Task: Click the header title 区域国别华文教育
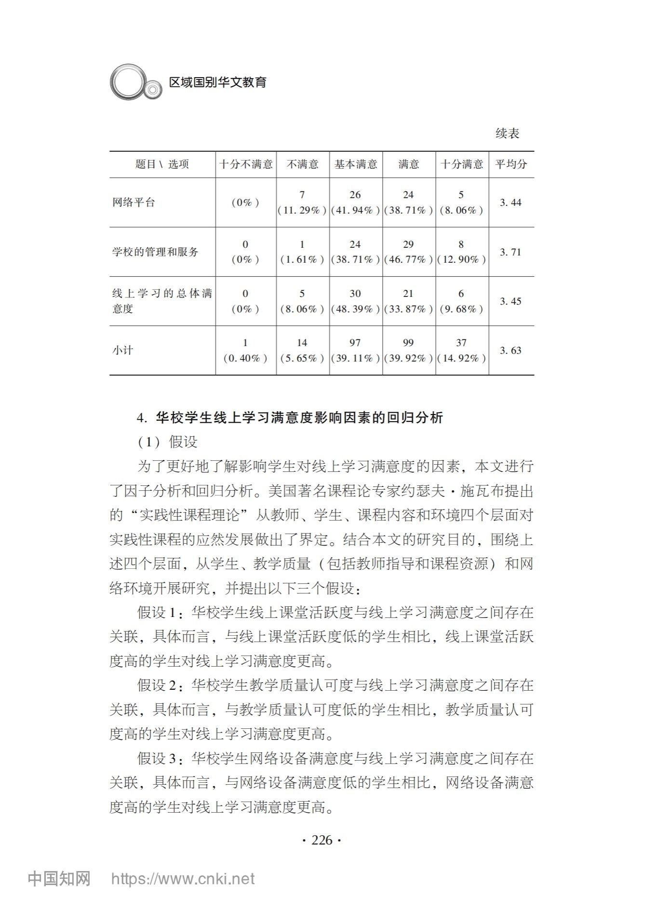click(218, 82)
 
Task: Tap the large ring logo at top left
click(127, 82)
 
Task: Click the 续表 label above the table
click(508, 134)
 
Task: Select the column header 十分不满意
click(246, 164)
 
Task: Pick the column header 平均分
click(511, 164)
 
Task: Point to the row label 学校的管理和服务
click(155, 252)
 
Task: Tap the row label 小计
click(122, 350)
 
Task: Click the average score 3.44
click(511, 202)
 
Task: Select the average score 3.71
click(511, 252)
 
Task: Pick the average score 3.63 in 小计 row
click(511, 350)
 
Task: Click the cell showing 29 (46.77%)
click(408, 252)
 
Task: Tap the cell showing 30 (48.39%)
click(355, 301)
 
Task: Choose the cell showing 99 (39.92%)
click(408, 350)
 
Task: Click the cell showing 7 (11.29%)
click(302, 202)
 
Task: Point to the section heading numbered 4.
click(289, 417)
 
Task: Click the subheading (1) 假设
click(168, 442)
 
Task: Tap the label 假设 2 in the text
click(158, 685)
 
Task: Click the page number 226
click(322, 840)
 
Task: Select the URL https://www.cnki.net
click(183, 879)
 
